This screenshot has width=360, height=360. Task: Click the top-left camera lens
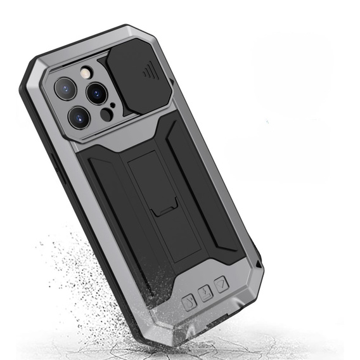(66, 88)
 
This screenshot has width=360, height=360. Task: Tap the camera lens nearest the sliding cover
(97, 93)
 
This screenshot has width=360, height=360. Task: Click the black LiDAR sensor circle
(106, 115)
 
